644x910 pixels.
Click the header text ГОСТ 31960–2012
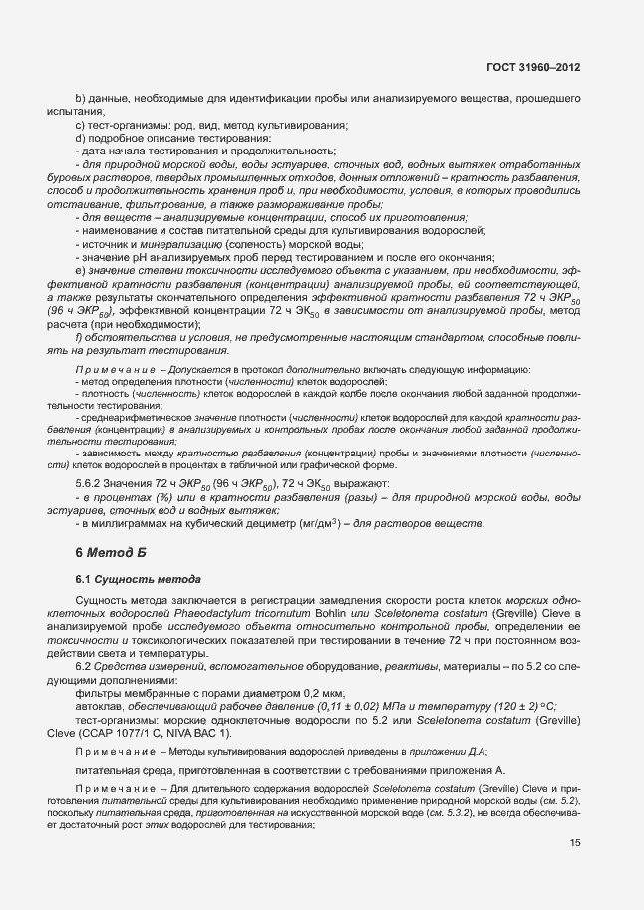533,66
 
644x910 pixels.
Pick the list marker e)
80,270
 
